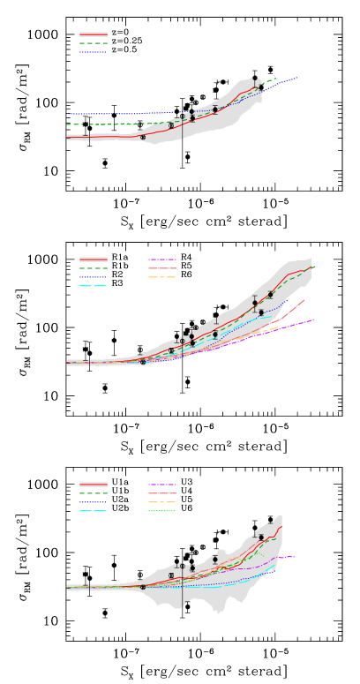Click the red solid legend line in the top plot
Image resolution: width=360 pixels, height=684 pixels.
[93, 34]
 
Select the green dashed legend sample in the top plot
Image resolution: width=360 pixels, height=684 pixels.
[93, 43]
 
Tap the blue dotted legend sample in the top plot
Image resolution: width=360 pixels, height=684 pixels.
[93, 52]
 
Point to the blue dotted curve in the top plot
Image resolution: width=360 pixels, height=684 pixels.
[115, 113]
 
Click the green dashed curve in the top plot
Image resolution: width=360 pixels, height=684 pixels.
[106, 124]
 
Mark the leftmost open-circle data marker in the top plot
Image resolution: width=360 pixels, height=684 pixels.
[143, 137]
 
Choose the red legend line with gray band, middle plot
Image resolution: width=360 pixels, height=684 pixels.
[93, 259]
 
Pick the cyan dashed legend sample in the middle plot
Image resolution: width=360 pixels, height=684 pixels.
[93, 286]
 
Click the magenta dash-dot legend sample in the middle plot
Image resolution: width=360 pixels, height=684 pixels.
[162, 259]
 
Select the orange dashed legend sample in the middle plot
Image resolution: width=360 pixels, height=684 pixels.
[162, 277]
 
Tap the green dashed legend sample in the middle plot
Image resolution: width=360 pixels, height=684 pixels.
[93, 268]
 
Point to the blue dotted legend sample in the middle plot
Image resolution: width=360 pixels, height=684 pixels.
[93, 277]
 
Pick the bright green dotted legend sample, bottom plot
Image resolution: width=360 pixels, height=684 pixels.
[162, 511]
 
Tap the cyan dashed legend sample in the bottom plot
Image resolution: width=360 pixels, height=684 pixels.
[93, 511]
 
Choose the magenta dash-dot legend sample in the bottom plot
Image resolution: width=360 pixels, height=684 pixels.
[162, 485]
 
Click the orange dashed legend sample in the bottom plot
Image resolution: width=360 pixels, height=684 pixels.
[162, 502]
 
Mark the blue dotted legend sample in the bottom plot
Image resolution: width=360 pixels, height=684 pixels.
[93, 502]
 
